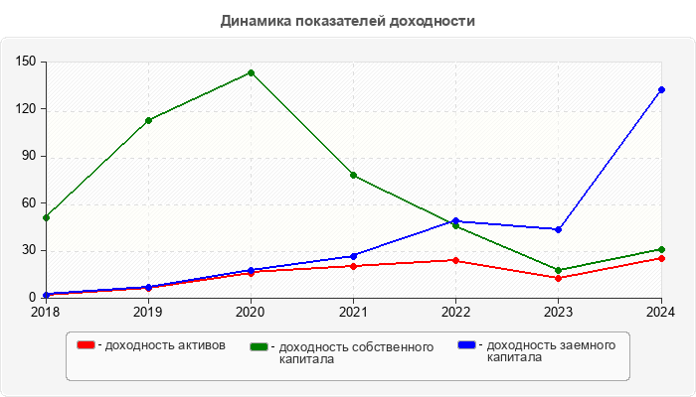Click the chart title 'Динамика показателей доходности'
(x=348, y=20)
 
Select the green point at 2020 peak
(x=251, y=72)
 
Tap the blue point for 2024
(x=661, y=90)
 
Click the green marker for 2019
(x=148, y=120)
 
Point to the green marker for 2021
(x=353, y=176)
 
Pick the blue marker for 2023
(x=558, y=229)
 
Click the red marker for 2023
(x=558, y=278)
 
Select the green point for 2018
(x=46, y=217)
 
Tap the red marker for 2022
(x=455, y=260)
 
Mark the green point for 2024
(x=661, y=249)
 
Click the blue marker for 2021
(x=353, y=256)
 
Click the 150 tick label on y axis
(x=27, y=62)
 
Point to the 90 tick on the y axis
(x=30, y=156)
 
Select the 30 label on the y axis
(x=30, y=250)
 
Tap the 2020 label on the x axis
(x=251, y=312)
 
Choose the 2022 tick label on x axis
(x=455, y=312)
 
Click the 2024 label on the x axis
(x=659, y=312)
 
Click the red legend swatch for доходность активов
(x=87, y=344)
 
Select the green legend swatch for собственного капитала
(x=260, y=346)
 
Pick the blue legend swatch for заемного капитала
(x=466, y=344)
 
